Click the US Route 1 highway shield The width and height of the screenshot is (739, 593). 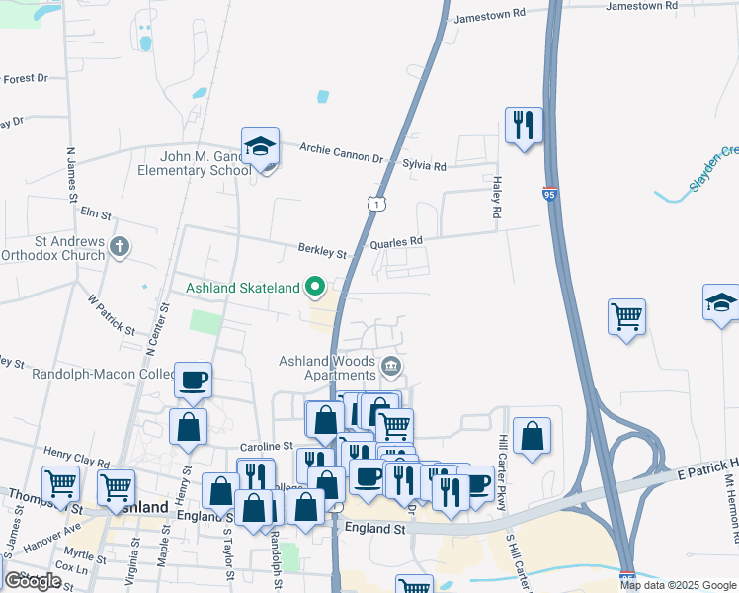pos(375,203)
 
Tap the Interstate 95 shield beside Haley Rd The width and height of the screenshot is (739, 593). pos(550,194)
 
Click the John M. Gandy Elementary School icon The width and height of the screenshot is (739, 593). pos(261,147)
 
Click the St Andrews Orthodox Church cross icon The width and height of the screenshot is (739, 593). pos(120,246)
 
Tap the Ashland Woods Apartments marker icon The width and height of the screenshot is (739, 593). pos(391,368)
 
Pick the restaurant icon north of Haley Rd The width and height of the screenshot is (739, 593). pos(524,126)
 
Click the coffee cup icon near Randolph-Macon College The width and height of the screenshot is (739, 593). pos(193,381)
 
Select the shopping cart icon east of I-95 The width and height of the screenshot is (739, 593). pos(626,317)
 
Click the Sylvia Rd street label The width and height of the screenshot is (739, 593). pos(424,165)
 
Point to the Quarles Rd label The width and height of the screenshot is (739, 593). pos(396,241)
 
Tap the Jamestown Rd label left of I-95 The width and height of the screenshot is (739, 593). pos(489,16)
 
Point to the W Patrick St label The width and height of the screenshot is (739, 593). pos(110,310)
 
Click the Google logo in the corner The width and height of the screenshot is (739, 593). pos(34,581)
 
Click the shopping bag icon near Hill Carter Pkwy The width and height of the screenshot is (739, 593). pos(532,436)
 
